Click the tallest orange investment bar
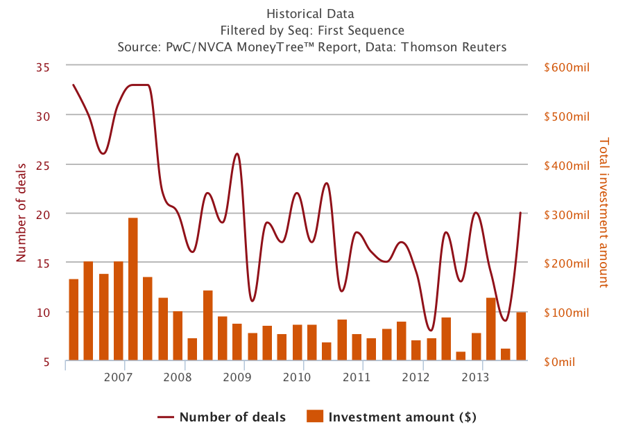(x=132, y=289)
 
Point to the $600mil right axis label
(x=567, y=67)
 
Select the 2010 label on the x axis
(x=297, y=377)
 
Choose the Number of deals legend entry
(x=222, y=417)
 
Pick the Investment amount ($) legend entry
(x=393, y=417)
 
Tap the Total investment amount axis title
(x=603, y=212)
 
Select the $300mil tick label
(x=567, y=214)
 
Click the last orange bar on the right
(x=520, y=336)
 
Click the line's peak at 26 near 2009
(x=237, y=154)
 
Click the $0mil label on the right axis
(x=560, y=362)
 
